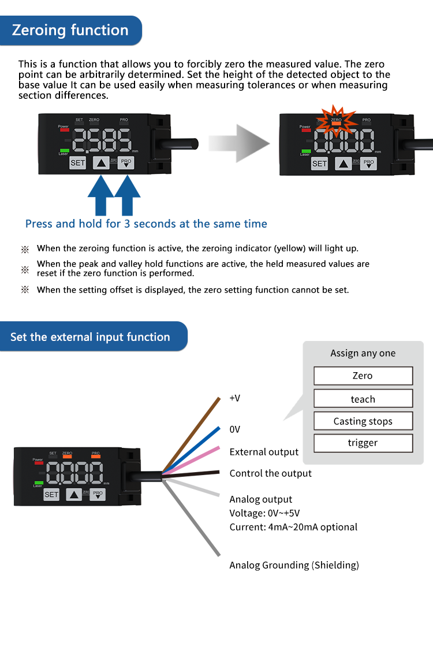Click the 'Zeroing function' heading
coord(70,30)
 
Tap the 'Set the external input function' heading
coord(90,337)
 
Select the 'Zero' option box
coord(363,376)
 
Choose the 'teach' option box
coord(363,399)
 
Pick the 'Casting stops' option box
coord(363,421)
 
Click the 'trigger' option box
coord(363,443)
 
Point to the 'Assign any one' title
coord(363,353)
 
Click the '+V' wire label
coord(235,398)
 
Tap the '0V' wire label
coord(235,429)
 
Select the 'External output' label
coord(264,452)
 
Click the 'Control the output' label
coord(270,473)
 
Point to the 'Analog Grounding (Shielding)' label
coord(294,565)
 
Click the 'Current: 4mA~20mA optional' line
coord(293,527)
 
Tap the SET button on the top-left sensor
coord(77,163)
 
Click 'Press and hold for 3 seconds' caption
coord(146,224)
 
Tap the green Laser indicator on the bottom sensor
coord(39,482)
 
